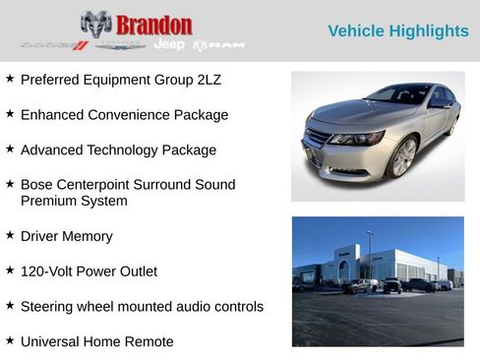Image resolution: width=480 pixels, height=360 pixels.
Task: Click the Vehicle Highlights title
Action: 397,31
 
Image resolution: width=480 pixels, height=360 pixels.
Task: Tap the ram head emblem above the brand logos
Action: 95,24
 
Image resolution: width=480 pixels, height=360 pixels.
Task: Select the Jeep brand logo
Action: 169,45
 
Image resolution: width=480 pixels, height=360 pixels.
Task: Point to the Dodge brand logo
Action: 54,45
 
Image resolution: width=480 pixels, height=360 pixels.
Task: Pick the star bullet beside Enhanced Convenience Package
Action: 10,114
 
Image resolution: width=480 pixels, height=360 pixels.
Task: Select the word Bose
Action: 36,185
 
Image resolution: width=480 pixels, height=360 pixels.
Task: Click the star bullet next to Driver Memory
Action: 10,235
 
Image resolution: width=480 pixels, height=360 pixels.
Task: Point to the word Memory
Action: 88,236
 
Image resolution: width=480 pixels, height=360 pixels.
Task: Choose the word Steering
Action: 48,307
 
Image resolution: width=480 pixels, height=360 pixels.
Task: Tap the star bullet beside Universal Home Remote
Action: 10,341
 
